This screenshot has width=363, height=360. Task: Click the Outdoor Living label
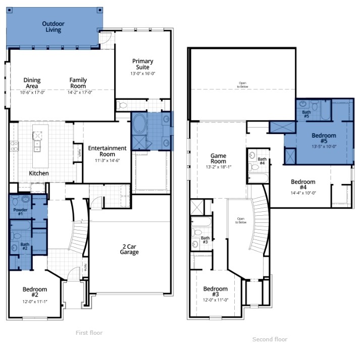pos(53,27)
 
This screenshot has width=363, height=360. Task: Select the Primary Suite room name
pos(143,64)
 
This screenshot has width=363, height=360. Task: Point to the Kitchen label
pos(39,173)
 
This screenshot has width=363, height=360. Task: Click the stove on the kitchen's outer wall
pos(14,146)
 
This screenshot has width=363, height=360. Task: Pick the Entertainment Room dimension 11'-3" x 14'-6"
pos(107,160)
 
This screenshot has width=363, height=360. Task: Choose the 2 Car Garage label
pos(129,249)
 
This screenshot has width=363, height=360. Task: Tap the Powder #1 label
pos(21,212)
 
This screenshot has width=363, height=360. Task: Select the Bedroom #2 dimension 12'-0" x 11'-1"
pos(34,302)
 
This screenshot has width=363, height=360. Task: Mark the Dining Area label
pos(32,83)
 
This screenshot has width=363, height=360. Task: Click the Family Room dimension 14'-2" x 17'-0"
pos(78,93)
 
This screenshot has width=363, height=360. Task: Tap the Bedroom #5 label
pos(324,138)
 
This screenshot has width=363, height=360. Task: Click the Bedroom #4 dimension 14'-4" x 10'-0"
pos(303,193)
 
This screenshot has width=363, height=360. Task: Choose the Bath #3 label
pos(205,241)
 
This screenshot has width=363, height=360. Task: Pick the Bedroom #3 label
pos(216,291)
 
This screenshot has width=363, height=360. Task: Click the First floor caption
pos(89,333)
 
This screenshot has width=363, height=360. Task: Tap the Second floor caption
pos(270,339)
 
